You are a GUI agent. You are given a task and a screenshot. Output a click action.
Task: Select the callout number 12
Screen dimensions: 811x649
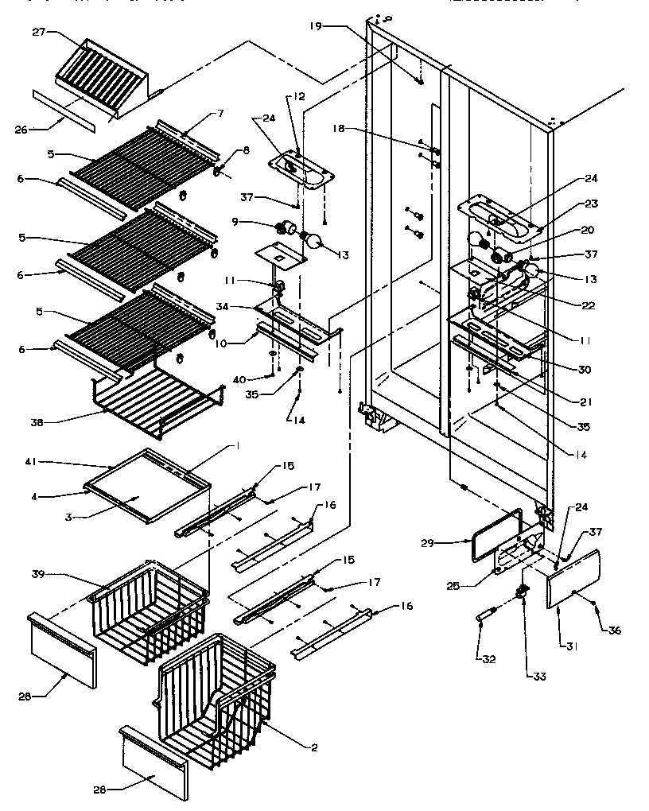(299, 96)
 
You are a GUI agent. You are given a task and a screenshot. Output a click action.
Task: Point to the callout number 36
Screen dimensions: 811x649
(614, 631)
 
